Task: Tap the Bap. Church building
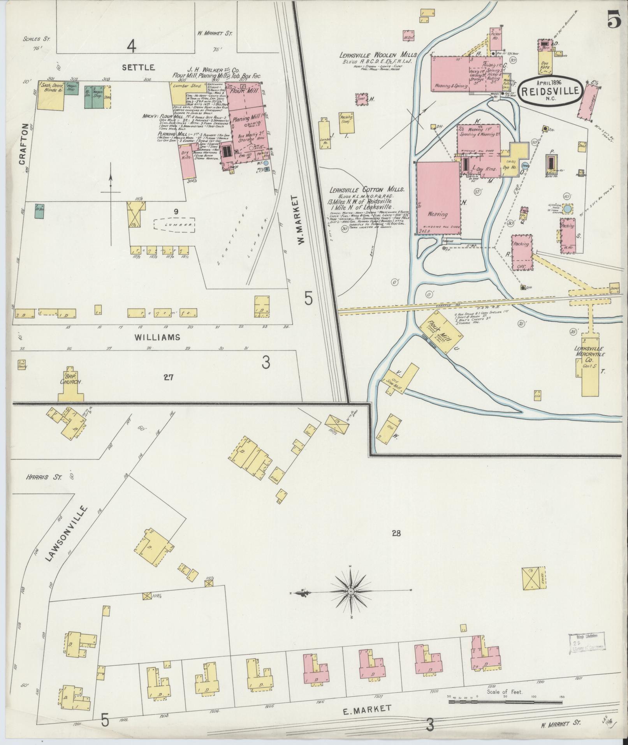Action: coord(70,387)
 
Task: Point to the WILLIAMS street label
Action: coord(157,337)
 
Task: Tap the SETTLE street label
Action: coord(139,67)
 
